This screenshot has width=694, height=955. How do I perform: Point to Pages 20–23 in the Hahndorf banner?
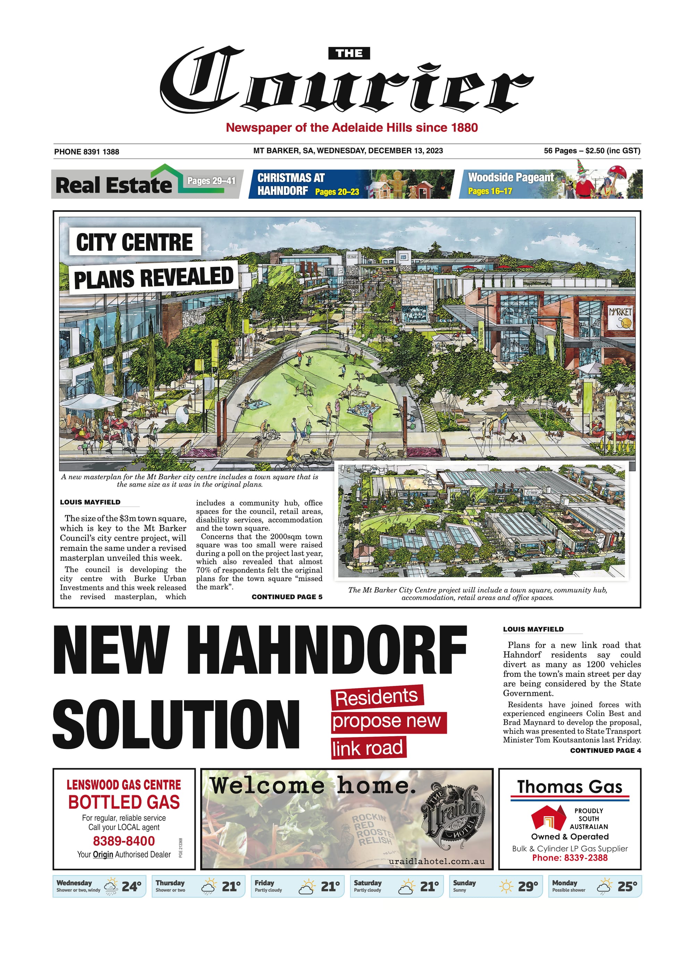tap(337, 191)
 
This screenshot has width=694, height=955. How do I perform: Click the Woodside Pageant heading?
tap(511, 177)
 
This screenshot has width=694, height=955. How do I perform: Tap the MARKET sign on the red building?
tap(620, 312)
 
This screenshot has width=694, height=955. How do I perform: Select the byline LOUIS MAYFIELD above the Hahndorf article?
tap(533, 629)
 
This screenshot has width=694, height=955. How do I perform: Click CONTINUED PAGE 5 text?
tap(287, 597)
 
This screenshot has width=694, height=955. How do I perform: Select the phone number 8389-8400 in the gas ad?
tap(124, 841)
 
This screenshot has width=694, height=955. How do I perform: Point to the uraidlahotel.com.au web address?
tap(437, 861)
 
